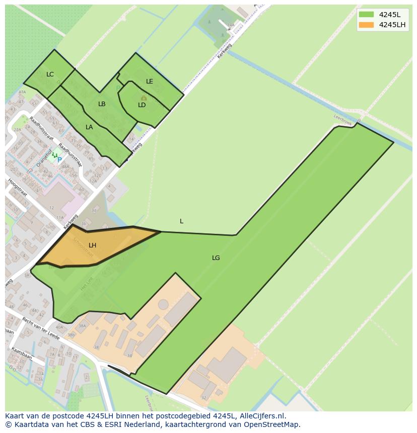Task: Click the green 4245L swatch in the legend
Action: tap(367, 15)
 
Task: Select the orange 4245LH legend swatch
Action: tap(367, 25)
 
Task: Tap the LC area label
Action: tap(50, 74)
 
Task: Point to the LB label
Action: tap(102, 104)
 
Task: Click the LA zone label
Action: tap(89, 127)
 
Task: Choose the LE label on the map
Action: tap(150, 81)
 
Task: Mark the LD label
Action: tap(142, 105)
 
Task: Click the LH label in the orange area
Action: tap(92, 245)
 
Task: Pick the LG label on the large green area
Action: tap(216, 258)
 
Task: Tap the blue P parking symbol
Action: tap(59, 160)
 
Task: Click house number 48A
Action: tap(65, 167)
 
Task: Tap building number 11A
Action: tap(60, 218)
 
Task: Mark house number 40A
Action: tap(59, 327)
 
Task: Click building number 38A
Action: tap(82, 326)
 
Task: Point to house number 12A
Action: tap(93, 181)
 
